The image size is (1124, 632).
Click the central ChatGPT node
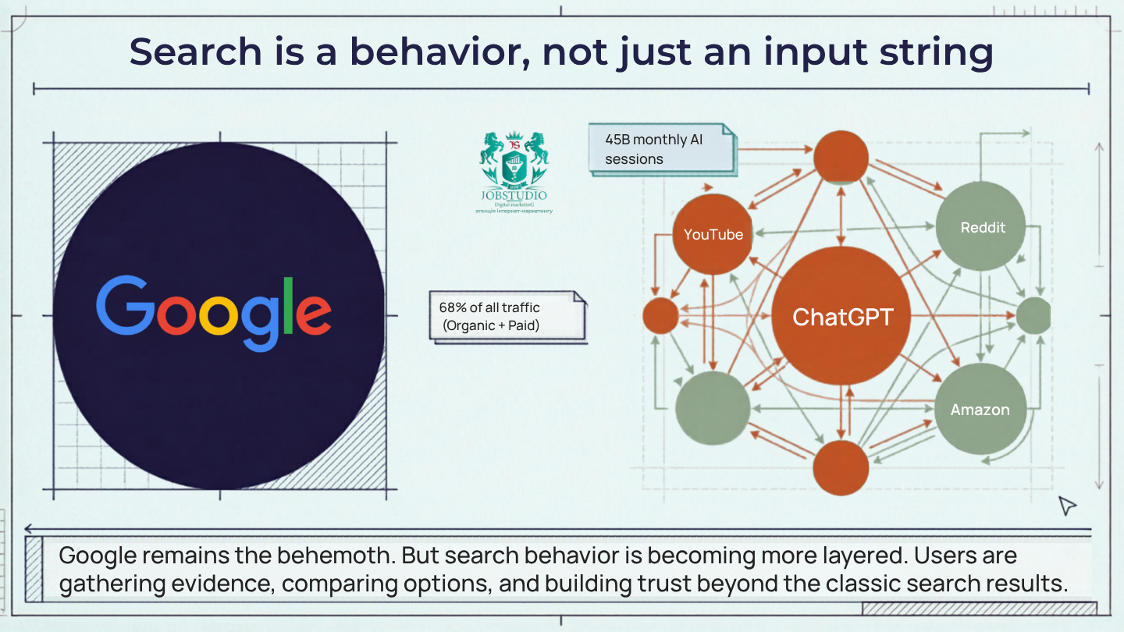[841, 317]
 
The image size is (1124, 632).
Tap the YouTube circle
[713, 234]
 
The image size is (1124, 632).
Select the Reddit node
[981, 227]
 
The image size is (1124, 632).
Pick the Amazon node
[980, 409]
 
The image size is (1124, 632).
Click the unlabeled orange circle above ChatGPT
[841, 157]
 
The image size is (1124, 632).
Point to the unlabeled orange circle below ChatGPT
[841, 468]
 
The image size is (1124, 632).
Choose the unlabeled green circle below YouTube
[712, 408]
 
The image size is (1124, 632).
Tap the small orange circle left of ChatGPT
[660, 317]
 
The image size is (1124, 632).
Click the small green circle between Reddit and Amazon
[1034, 316]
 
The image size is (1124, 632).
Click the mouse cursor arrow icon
[1066, 506]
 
